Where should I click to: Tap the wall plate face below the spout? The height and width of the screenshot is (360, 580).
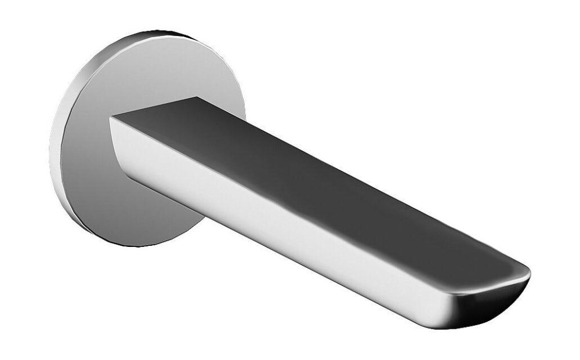tap(116, 197)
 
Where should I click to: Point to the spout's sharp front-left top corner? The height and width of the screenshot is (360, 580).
tap(111, 118)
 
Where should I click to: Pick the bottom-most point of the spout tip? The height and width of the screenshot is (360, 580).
tap(458, 328)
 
